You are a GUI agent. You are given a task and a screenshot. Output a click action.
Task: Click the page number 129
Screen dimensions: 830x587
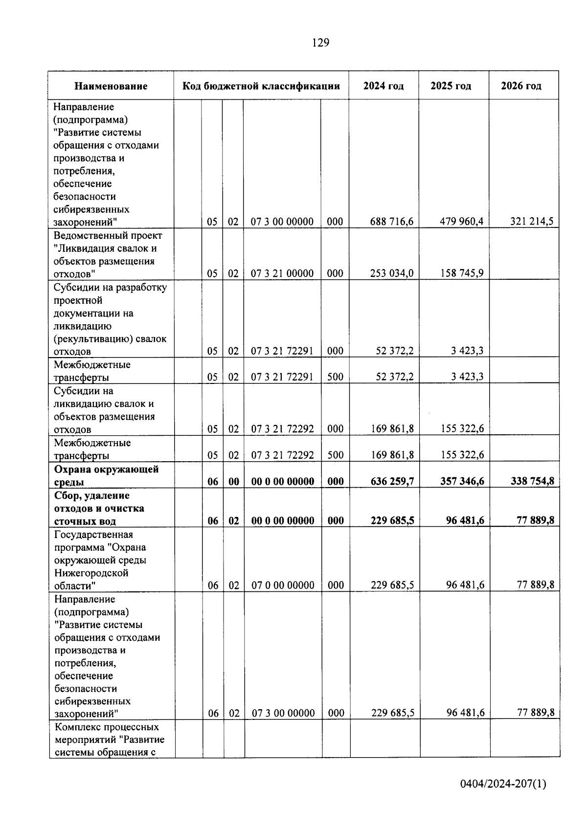320,43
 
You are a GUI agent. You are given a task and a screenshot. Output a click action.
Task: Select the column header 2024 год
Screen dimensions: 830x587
384,86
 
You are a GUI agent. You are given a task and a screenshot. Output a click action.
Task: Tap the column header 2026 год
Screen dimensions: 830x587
521,86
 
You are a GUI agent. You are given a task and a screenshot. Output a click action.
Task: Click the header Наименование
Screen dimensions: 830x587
111,87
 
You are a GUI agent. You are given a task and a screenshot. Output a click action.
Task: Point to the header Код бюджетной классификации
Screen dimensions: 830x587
261,87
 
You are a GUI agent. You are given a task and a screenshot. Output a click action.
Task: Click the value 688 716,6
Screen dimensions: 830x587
392,222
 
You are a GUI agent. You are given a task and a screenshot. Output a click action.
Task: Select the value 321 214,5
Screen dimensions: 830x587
532,222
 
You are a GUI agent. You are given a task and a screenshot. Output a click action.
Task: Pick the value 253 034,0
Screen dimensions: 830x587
392,273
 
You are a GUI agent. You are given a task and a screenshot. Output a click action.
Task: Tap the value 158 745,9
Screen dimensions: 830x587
462,273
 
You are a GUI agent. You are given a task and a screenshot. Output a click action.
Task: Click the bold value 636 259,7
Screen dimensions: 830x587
392,481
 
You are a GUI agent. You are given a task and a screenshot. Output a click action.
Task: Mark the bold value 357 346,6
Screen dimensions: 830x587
462,481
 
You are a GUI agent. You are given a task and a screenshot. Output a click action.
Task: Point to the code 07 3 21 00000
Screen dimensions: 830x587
282,273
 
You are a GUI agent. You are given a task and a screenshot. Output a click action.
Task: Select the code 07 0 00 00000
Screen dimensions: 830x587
283,585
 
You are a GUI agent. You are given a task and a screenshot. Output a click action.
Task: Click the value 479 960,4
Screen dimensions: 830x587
462,222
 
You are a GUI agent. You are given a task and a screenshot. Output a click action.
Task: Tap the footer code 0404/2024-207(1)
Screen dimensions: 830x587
503,785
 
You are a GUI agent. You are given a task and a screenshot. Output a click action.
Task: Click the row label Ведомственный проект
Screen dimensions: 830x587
108,236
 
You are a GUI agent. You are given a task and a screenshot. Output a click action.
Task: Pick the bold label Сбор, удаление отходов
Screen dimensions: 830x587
99,509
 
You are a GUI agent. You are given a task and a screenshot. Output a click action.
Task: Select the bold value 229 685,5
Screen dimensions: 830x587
392,520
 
